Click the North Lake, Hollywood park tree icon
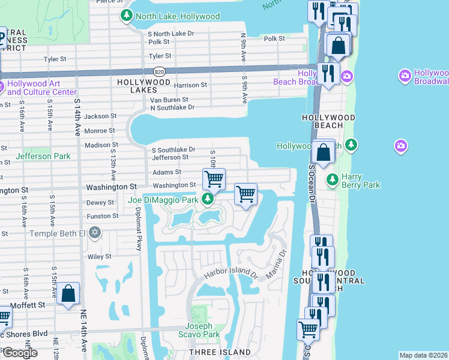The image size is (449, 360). pos(127,16)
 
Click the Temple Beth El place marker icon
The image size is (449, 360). pos(94,232)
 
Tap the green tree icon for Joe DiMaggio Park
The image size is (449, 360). pos(207,199)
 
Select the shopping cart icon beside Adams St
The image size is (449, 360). pos(214,179)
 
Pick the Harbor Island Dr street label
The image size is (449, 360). pos(230,274)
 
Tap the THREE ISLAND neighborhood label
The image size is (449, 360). pos(220,352)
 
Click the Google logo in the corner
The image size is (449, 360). pos(19,353)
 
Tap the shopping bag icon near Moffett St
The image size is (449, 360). pos(69,293)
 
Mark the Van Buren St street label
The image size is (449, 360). pos(169,100)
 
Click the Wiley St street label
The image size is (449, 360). pos(100,256)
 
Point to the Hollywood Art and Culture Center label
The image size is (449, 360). pos(42,88)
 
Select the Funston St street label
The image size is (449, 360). pos(100,216)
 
